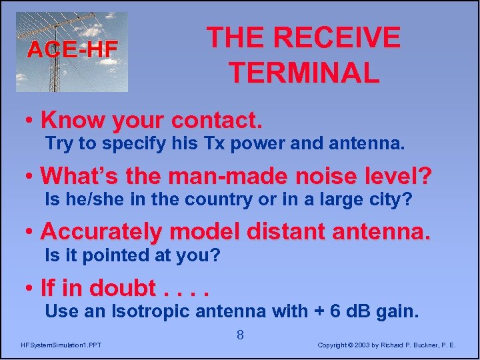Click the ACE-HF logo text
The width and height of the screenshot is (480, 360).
pos(72,49)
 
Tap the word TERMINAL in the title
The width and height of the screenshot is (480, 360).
pos(304,73)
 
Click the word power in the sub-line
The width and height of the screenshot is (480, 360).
pos(237,143)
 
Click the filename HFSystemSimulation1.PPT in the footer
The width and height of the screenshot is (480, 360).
pos(61,345)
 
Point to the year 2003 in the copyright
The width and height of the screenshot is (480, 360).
pos(362,345)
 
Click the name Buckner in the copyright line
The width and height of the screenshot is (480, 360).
pos(426,345)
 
